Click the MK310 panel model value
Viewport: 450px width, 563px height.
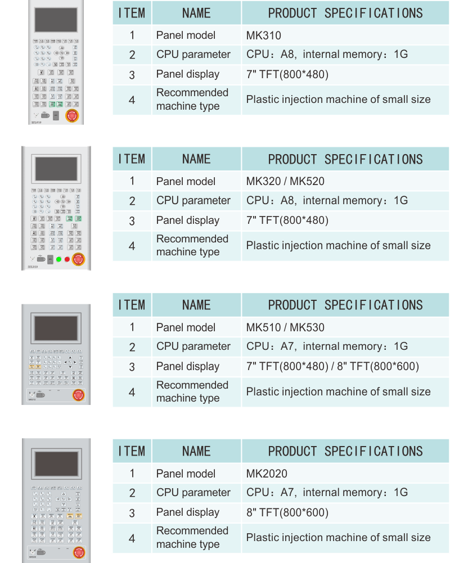[x=263, y=35]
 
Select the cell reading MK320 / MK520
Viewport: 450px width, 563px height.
[x=285, y=181]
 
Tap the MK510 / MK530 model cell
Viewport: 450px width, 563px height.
[x=285, y=327]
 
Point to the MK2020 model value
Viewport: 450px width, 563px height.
[x=267, y=474]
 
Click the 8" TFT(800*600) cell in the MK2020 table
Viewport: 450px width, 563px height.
[x=287, y=512]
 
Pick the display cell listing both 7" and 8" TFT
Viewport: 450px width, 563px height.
[x=332, y=367]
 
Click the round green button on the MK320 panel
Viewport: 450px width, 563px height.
[x=58, y=259]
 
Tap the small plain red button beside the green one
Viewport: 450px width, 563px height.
[x=67, y=259]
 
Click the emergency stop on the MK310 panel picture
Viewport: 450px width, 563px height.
[x=72, y=116]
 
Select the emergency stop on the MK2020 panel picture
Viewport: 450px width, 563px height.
[x=78, y=552]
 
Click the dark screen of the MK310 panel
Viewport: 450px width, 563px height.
[x=56, y=20]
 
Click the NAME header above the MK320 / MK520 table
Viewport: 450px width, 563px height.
[x=196, y=159]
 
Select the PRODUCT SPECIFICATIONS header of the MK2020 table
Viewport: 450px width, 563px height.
[x=345, y=451]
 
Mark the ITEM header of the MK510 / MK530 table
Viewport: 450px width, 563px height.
[x=132, y=305]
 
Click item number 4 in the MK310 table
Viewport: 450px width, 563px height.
[x=132, y=100]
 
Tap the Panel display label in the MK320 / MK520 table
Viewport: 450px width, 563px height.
[x=188, y=220]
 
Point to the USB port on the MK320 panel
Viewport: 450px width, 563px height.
[x=41, y=259]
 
